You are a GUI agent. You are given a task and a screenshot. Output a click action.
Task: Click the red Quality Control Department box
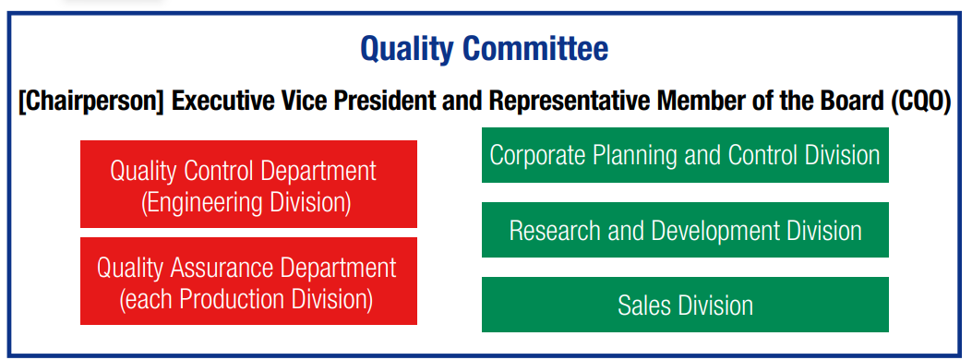pos(248,184)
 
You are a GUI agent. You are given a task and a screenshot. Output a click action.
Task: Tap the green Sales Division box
pos(685,305)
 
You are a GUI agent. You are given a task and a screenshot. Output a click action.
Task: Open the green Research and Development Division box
pos(685,230)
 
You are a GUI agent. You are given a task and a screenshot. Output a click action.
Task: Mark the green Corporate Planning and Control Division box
pos(685,155)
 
